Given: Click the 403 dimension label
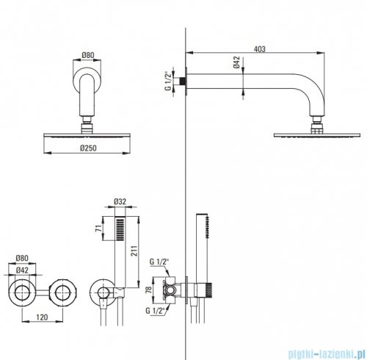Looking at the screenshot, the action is tap(259, 49).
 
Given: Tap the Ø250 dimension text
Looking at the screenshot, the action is tap(88, 148).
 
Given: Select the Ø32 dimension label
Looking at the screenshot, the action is tap(120, 201).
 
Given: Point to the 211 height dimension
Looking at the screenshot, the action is tap(134, 251).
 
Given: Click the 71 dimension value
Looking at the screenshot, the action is tap(98, 228).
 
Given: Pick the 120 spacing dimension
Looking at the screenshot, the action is tap(42, 317).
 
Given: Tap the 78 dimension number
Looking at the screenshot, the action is tap(148, 289).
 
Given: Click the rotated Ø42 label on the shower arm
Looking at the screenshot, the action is tap(236, 62).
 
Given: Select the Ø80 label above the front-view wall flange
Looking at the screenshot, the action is tap(87, 55).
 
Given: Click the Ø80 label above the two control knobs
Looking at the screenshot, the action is tap(22, 258).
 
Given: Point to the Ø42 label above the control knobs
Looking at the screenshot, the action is tap(22, 270).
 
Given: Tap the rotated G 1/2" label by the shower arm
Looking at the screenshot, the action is tap(167, 81).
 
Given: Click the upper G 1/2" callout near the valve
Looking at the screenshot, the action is tap(159, 262).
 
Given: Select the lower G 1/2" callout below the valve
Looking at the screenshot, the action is tap(155, 311).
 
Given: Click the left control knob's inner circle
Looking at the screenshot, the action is tap(22, 293).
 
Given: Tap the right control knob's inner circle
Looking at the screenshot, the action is tap(62, 293).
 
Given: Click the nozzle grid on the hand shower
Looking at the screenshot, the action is tap(120, 230).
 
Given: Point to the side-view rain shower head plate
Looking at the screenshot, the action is tap(317, 135).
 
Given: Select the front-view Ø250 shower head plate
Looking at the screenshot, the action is tap(87, 135).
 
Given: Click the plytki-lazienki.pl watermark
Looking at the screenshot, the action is tap(327, 353).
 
